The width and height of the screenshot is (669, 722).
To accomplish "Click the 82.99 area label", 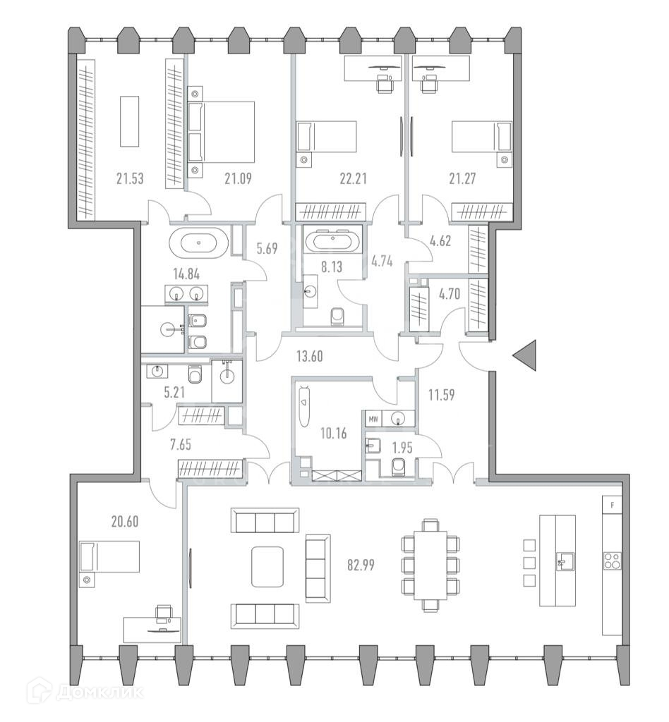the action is (361, 565).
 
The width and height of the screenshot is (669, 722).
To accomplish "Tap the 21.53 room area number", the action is (129, 178).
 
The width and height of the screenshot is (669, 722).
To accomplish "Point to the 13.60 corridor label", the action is (309, 356).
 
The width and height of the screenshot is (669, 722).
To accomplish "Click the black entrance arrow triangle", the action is (524, 355).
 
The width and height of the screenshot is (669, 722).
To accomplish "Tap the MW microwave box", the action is (373, 419).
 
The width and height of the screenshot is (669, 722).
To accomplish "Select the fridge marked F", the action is (613, 505).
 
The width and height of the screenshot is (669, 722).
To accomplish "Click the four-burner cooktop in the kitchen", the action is (613, 561).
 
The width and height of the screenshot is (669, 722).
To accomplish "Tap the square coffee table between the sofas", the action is (267, 566).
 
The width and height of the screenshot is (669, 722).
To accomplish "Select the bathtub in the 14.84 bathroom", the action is (198, 243).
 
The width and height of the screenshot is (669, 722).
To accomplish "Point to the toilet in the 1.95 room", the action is (397, 468).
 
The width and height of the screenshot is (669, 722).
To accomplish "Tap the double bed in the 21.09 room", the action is (222, 132).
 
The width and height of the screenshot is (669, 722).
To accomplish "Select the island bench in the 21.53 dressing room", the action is (129, 121).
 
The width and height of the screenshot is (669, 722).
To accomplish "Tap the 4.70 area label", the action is (449, 294).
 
